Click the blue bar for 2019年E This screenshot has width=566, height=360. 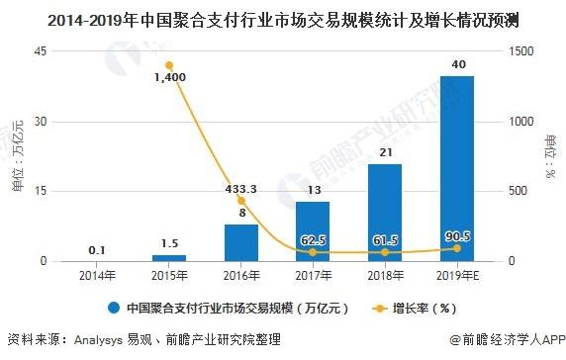[x=457, y=168]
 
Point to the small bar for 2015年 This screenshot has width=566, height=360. [x=169, y=257]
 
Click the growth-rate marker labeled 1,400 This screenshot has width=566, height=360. [x=169, y=66]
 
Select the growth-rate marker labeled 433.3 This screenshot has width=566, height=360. [x=240, y=201]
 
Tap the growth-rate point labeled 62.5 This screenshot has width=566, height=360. [x=313, y=252]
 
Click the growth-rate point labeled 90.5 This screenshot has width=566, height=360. [x=456, y=248]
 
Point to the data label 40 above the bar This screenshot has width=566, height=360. [x=457, y=65]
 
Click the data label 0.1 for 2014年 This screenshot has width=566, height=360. [x=97, y=250]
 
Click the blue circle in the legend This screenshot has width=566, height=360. [x=114, y=307]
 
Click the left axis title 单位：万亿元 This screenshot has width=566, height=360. [x=16, y=156]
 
